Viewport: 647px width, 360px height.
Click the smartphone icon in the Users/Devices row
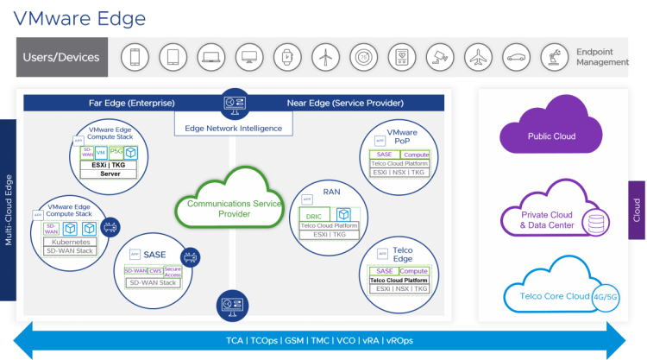[135, 58]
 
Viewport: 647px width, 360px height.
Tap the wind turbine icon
[324, 58]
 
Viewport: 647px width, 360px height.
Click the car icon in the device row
[515, 58]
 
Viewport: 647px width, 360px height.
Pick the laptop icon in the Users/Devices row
[210, 58]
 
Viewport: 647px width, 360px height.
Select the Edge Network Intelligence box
[233, 129]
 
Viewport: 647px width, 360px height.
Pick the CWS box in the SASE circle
[155, 270]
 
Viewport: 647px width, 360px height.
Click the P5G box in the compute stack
[116, 152]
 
